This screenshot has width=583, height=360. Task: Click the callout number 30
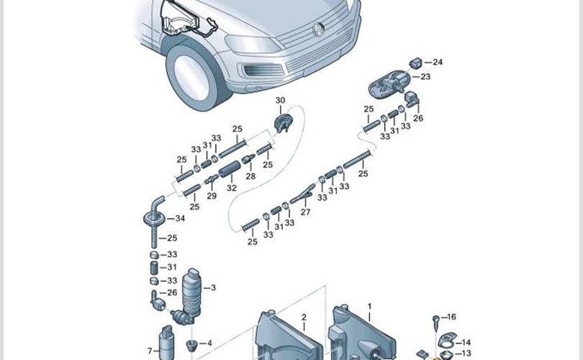click(x=280, y=100)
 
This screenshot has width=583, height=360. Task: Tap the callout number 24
click(x=438, y=62)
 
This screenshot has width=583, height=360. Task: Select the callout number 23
click(x=425, y=76)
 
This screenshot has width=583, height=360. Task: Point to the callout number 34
click(x=180, y=218)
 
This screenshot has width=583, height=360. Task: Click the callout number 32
click(x=232, y=188)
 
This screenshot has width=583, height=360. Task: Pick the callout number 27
click(x=305, y=212)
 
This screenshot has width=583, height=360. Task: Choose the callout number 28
click(x=250, y=176)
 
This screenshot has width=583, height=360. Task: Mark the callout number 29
click(x=212, y=196)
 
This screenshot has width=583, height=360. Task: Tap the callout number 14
click(x=466, y=343)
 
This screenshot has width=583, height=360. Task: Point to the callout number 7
click(x=150, y=351)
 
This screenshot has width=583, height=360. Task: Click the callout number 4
click(x=209, y=343)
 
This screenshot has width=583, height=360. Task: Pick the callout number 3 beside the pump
click(x=213, y=288)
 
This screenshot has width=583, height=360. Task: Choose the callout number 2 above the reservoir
click(x=304, y=317)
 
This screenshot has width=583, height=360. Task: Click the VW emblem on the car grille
click(x=317, y=28)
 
